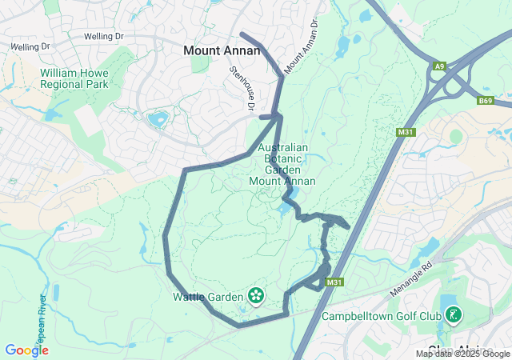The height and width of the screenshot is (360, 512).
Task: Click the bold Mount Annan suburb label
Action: (222, 50)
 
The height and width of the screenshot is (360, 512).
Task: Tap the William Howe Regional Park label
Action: (74, 78)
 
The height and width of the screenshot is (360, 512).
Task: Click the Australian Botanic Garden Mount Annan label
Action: (282, 164)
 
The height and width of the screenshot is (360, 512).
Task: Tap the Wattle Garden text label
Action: (207, 297)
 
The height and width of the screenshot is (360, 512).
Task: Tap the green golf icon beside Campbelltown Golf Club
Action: (453, 315)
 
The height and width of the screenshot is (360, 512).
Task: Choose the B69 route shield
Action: (486, 101)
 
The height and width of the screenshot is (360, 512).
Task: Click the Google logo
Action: (26, 350)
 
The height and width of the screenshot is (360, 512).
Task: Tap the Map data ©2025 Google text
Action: (462, 354)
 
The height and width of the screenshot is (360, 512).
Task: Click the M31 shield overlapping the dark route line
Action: (334, 282)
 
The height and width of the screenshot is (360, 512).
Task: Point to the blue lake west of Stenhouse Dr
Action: (158, 120)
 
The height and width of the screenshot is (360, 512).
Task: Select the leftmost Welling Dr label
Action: (26, 47)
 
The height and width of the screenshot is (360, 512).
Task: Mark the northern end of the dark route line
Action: (242, 34)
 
